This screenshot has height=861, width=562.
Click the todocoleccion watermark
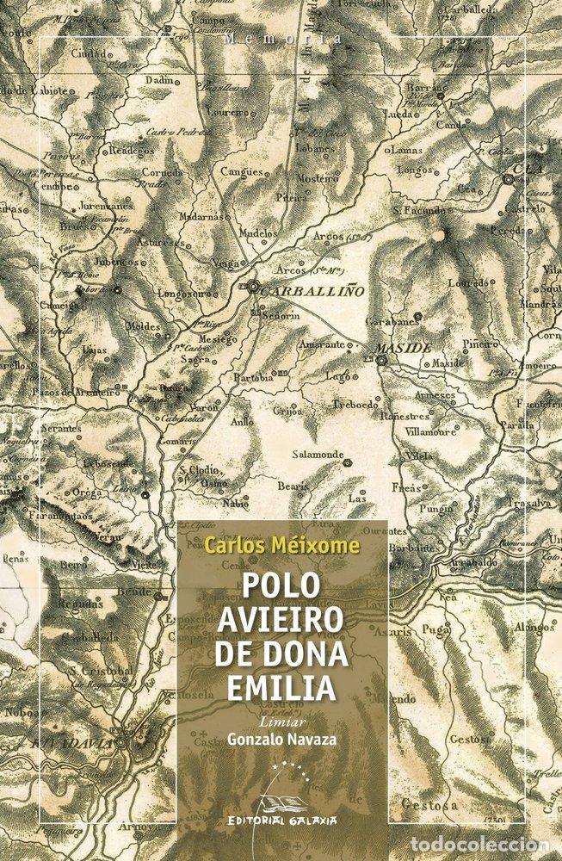(x=498, y=847)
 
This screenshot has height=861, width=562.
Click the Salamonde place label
(x=318, y=454)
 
